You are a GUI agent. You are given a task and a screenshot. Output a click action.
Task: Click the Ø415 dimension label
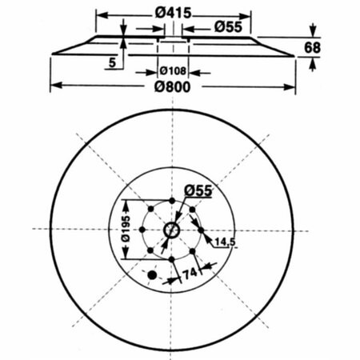174,13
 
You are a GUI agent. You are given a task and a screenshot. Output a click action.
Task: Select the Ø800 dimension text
173,87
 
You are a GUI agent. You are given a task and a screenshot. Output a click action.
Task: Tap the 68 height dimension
312,48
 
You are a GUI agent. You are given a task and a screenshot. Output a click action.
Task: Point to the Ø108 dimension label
173,71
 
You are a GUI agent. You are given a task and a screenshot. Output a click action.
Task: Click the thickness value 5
113,62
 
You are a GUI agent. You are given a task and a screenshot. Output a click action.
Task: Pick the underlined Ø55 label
198,190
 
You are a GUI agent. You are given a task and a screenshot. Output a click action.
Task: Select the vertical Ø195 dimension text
126,229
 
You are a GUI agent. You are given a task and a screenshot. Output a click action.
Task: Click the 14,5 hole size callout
225,242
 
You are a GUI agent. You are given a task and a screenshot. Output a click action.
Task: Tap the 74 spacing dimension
190,274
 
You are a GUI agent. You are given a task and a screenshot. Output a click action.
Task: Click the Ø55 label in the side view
228,27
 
